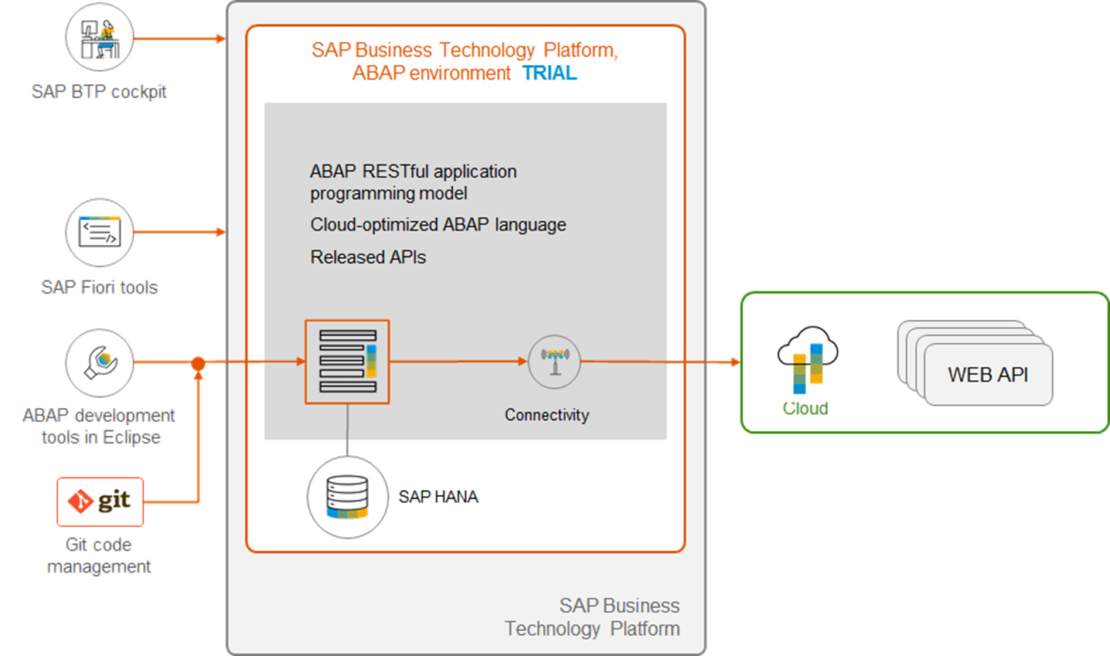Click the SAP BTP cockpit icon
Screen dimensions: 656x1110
(99, 37)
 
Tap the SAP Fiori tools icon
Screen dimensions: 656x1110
(99, 232)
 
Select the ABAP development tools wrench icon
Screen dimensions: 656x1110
(99, 362)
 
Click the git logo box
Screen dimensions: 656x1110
(100, 501)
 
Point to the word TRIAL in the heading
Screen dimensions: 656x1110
(550, 73)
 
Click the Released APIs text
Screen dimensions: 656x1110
(368, 257)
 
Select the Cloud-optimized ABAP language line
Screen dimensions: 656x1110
(438, 225)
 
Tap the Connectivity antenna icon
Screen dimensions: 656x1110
(554, 361)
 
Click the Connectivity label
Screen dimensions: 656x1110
(546, 415)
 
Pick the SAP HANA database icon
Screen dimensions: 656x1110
(347, 497)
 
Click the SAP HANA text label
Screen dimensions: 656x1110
(438, 497)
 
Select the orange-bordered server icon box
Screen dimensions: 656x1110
(347, 362)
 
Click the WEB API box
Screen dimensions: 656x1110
(988, 375)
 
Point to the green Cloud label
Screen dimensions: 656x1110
(805, 408)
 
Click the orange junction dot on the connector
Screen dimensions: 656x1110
(199, 362)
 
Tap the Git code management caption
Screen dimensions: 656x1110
(98, 556)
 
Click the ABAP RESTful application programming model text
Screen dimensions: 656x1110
(413, 182)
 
